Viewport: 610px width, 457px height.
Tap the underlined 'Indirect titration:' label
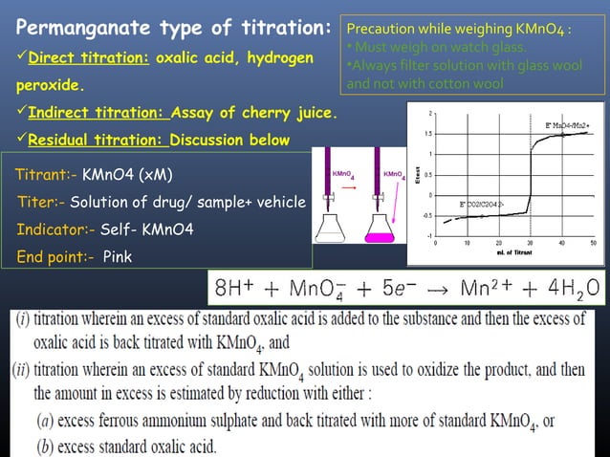pos(98,115)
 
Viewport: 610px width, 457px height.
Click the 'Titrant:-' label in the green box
pos(47,175)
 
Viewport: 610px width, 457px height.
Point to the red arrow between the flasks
pos(364,188)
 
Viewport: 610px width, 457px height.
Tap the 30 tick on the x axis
pos(531,243)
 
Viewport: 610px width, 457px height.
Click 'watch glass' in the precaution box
pos(472,48)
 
